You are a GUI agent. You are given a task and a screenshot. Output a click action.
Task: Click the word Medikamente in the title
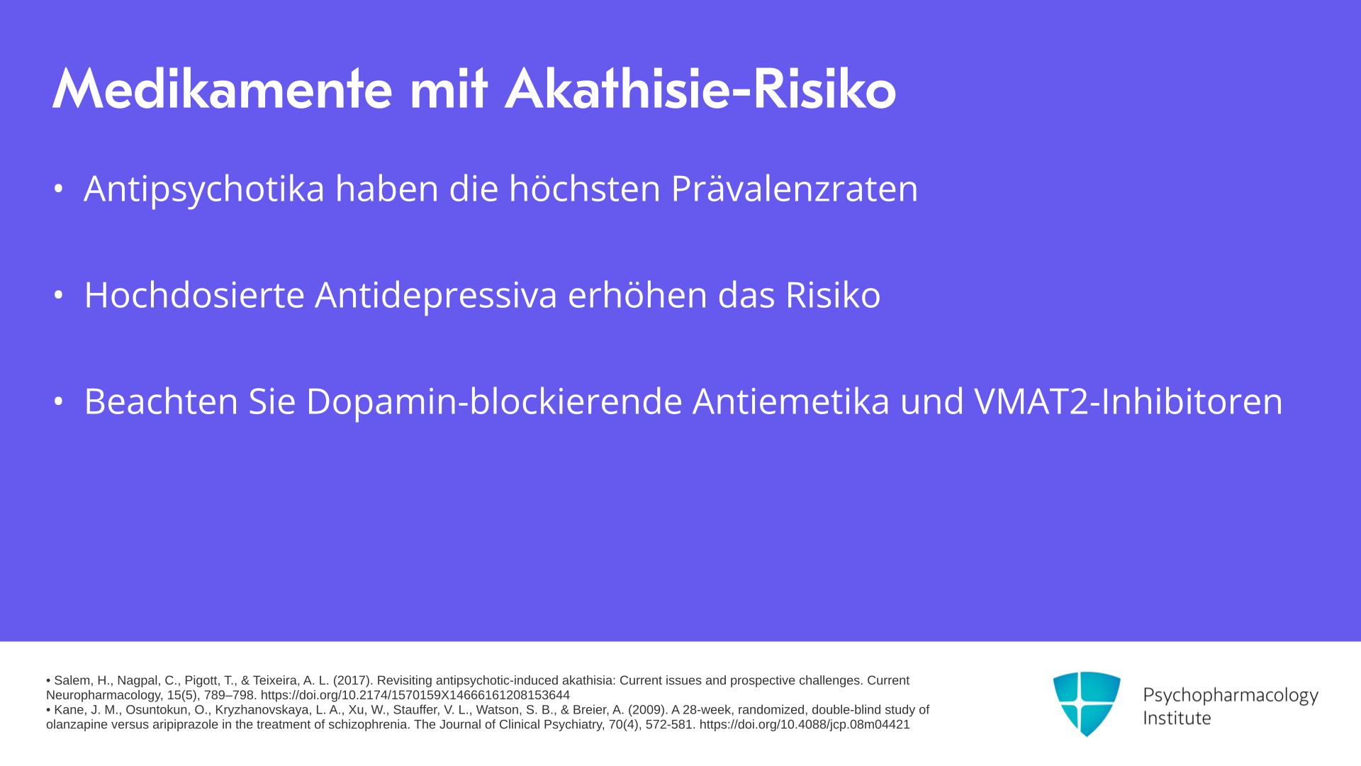(x=222, y=89)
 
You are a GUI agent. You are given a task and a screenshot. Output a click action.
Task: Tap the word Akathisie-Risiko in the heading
(x=700, y=89)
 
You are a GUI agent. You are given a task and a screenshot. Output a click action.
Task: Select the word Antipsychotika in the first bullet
(x=204, y=189)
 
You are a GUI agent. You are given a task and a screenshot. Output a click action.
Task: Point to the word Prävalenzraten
(x=794, y=189)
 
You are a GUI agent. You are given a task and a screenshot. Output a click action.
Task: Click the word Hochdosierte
(x=194, y=294)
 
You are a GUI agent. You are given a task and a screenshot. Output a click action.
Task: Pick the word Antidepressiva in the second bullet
(x=436, y=296)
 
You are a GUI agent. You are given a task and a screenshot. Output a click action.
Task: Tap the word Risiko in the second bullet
(x=833, y=294)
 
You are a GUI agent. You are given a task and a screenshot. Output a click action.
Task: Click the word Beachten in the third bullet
(x=161, y=401)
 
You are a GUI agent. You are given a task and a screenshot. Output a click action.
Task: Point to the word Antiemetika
(x=791, y=401)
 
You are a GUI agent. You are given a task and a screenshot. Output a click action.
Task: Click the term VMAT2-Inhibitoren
(x=1128, y=401)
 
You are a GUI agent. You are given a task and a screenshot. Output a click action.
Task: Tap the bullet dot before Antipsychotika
(x=59, y=189)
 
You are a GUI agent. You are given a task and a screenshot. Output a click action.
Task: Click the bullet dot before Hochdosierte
(x=59, y=295)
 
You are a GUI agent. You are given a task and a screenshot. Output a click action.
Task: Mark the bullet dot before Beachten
(x=59, y=401)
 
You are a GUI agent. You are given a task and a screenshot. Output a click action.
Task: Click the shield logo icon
(x=1087, y=704)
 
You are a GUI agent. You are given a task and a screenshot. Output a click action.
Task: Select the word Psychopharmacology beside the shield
(x=1231, y=696)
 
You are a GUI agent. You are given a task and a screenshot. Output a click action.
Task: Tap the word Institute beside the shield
(x=1177, y=718)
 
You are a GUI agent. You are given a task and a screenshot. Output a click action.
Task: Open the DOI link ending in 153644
(x=415, y=695)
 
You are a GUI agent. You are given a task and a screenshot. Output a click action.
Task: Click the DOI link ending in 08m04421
(x=805, y=725)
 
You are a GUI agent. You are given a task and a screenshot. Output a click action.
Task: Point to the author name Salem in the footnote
(x=72, y=680)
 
